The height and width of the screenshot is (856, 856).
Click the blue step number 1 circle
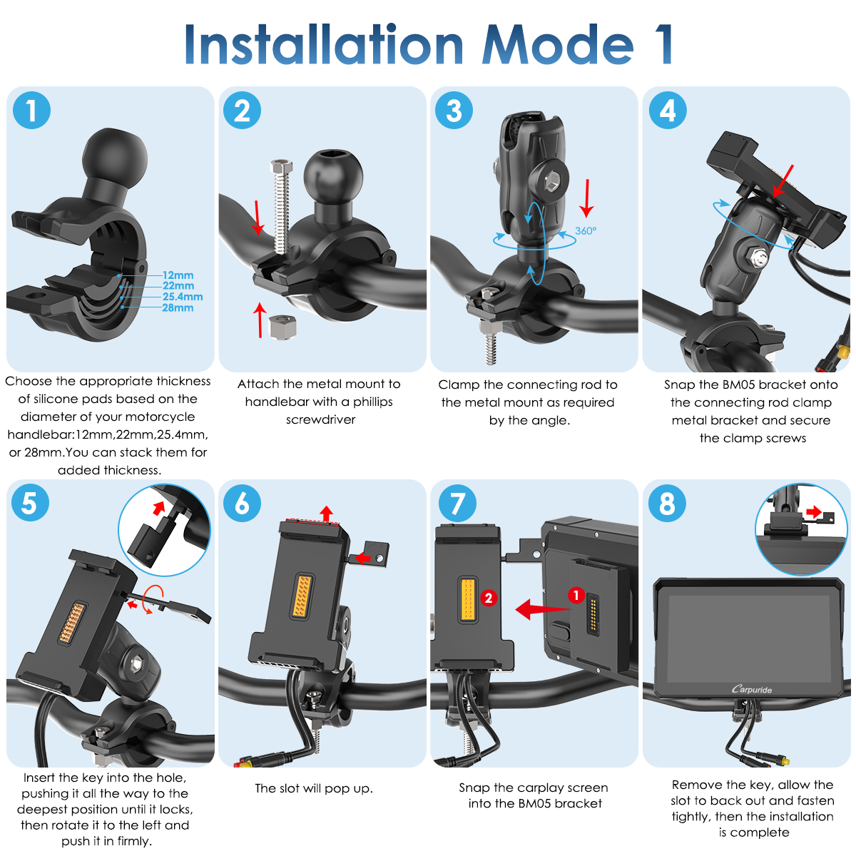click(31, 110)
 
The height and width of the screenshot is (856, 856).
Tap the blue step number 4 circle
click(667, 110)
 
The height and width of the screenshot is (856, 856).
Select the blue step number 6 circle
click(242, 503)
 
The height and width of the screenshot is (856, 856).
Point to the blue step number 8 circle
click(667, 503)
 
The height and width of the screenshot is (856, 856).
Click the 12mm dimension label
click(178, 275)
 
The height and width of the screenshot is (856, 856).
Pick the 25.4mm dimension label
click(182, 296)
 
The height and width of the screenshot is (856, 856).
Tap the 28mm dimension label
click(178, 307)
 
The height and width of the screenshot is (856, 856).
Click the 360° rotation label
click(586, 230)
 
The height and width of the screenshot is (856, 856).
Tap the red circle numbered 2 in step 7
click(489, 598)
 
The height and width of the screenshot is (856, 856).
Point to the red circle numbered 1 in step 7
click(576, 595)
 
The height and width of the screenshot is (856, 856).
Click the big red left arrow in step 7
click(543, 608)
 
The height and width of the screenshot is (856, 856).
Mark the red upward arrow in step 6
click(327, 514)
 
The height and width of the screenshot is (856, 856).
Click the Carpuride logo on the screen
click(751, 689)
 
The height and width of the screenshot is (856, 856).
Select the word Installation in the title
click(324, 44)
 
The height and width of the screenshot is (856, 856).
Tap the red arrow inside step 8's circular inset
click(814, 512)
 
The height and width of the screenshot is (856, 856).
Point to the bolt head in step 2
click(281, 167)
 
